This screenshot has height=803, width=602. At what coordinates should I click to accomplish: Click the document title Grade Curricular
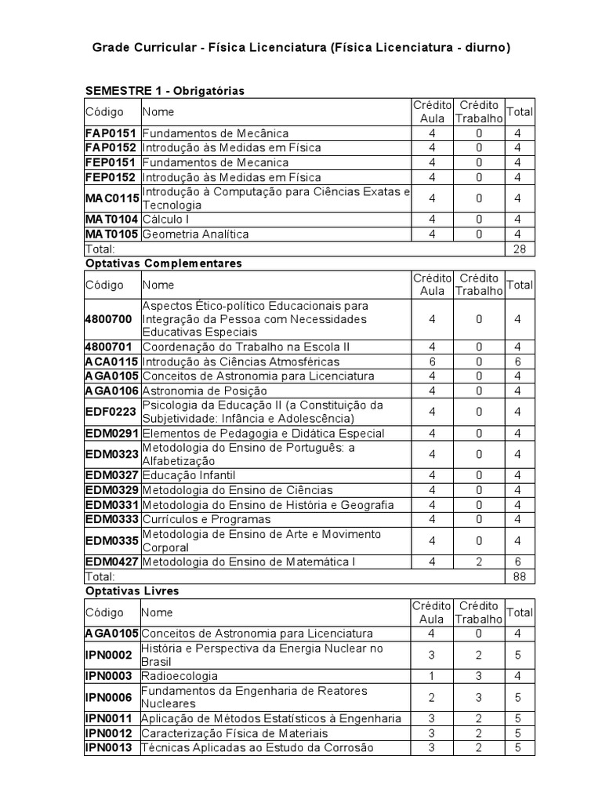tap(301, 48)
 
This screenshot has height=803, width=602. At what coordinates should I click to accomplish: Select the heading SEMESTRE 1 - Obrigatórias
tap(165, 91)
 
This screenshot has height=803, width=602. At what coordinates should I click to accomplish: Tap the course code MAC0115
tap(111, 198)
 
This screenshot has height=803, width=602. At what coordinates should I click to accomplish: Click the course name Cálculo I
tap(165, 220)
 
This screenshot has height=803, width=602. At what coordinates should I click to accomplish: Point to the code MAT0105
tap(111, 234)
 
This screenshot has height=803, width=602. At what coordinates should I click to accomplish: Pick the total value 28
tap(519, 249)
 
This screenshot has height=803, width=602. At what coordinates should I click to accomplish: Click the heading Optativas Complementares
tap(163, 263)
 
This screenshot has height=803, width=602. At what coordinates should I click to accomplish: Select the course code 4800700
tap(108, 319)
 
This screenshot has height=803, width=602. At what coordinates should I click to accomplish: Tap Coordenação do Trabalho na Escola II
tap(245, 347)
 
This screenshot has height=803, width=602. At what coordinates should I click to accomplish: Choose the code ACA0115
tap(111, 362)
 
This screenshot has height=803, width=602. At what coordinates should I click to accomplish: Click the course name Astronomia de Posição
tap(205, 391)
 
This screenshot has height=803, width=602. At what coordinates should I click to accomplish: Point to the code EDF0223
tap(111, 412)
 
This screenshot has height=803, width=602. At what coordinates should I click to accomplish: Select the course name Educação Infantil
tap(188, 475)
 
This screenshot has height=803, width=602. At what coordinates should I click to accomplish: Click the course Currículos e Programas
tap(206, 519)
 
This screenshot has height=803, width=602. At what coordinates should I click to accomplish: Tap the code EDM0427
tap(111, 561)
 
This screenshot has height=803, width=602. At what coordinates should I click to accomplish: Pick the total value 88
tap(519, 576)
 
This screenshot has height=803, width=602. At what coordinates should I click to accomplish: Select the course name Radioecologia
tap(180, 675)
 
